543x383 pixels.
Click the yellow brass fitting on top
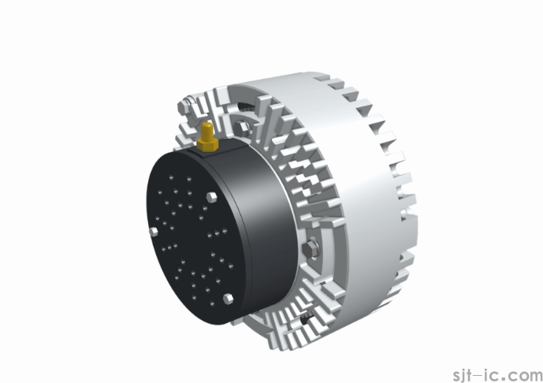pyautogui.click(x=207, y=137)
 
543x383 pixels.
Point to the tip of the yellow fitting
pyautogui.click(x=206, y=126)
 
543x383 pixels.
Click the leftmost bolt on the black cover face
pyautogui.click(x=151, y=231)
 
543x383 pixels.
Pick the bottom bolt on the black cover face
pyautogui.click(x=228, y=297)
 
